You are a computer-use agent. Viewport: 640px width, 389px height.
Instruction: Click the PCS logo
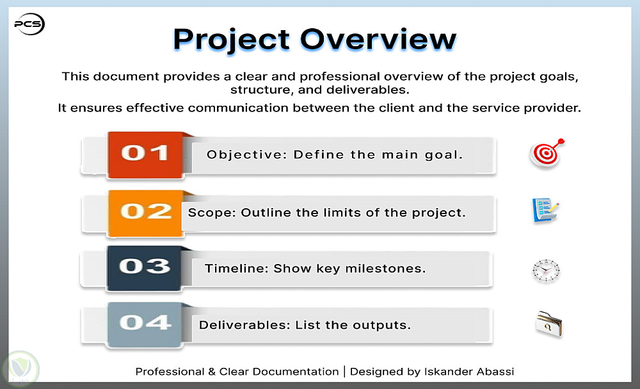coord(29,24)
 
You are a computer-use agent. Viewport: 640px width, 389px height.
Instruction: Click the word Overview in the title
coord(378,39)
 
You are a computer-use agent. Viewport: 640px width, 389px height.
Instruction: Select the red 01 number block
coord(145,154)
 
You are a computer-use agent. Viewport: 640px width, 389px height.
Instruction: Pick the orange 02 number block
coord(145,213)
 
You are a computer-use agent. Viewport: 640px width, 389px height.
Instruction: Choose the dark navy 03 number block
coord(144,268)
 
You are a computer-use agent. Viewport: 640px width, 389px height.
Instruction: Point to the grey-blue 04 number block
coord(145,324)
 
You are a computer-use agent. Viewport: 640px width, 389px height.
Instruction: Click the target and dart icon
coord(547,153)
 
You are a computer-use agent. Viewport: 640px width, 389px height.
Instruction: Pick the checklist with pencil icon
coord(545,210)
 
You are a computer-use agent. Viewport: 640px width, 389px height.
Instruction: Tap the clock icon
coord(546,270)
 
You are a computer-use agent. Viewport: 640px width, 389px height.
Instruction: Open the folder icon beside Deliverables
coord(549,324)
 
